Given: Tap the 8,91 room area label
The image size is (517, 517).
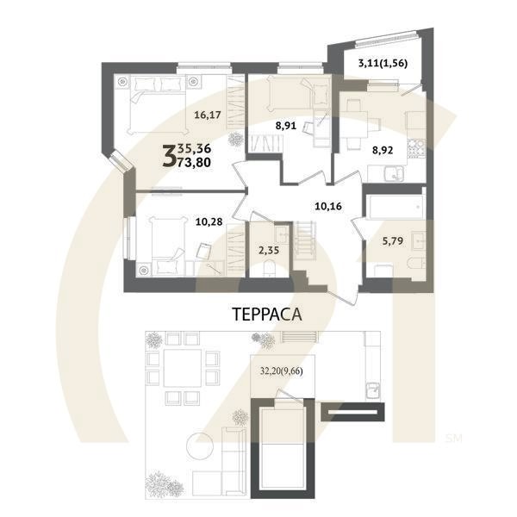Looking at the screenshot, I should point(286,126).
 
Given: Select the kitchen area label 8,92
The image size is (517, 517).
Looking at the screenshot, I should point(383,148).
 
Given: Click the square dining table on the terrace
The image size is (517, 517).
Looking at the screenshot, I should point(183,369).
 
